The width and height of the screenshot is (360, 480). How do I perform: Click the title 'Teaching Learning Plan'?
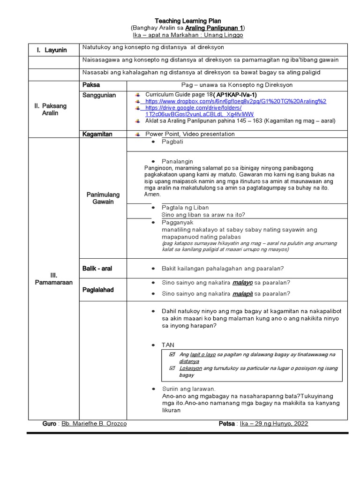tap(188, 21)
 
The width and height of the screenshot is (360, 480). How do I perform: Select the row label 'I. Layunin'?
tap(52, 50)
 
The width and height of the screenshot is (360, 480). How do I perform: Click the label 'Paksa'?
tap(91, 85)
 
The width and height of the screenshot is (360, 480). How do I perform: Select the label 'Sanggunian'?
tap(99, 95)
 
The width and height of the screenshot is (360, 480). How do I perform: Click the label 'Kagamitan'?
tap(97, 134)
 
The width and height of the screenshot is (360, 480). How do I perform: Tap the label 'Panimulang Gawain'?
tap(103, 198)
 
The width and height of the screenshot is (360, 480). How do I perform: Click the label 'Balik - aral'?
tap(97, 269)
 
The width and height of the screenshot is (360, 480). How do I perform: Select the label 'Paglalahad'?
tap(98, 290)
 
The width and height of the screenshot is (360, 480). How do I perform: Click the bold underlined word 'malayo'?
tap(242, 283)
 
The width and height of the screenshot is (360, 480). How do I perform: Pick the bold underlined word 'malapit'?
tap(242, 294)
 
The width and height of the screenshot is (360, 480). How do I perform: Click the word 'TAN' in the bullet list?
tap(168, 345)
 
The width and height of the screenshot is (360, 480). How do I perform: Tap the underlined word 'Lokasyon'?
tap(191, 368)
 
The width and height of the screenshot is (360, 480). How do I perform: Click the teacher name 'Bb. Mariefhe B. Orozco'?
tap(94, 424)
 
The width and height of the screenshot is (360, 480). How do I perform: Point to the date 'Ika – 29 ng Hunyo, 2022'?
tap(274, 424)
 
